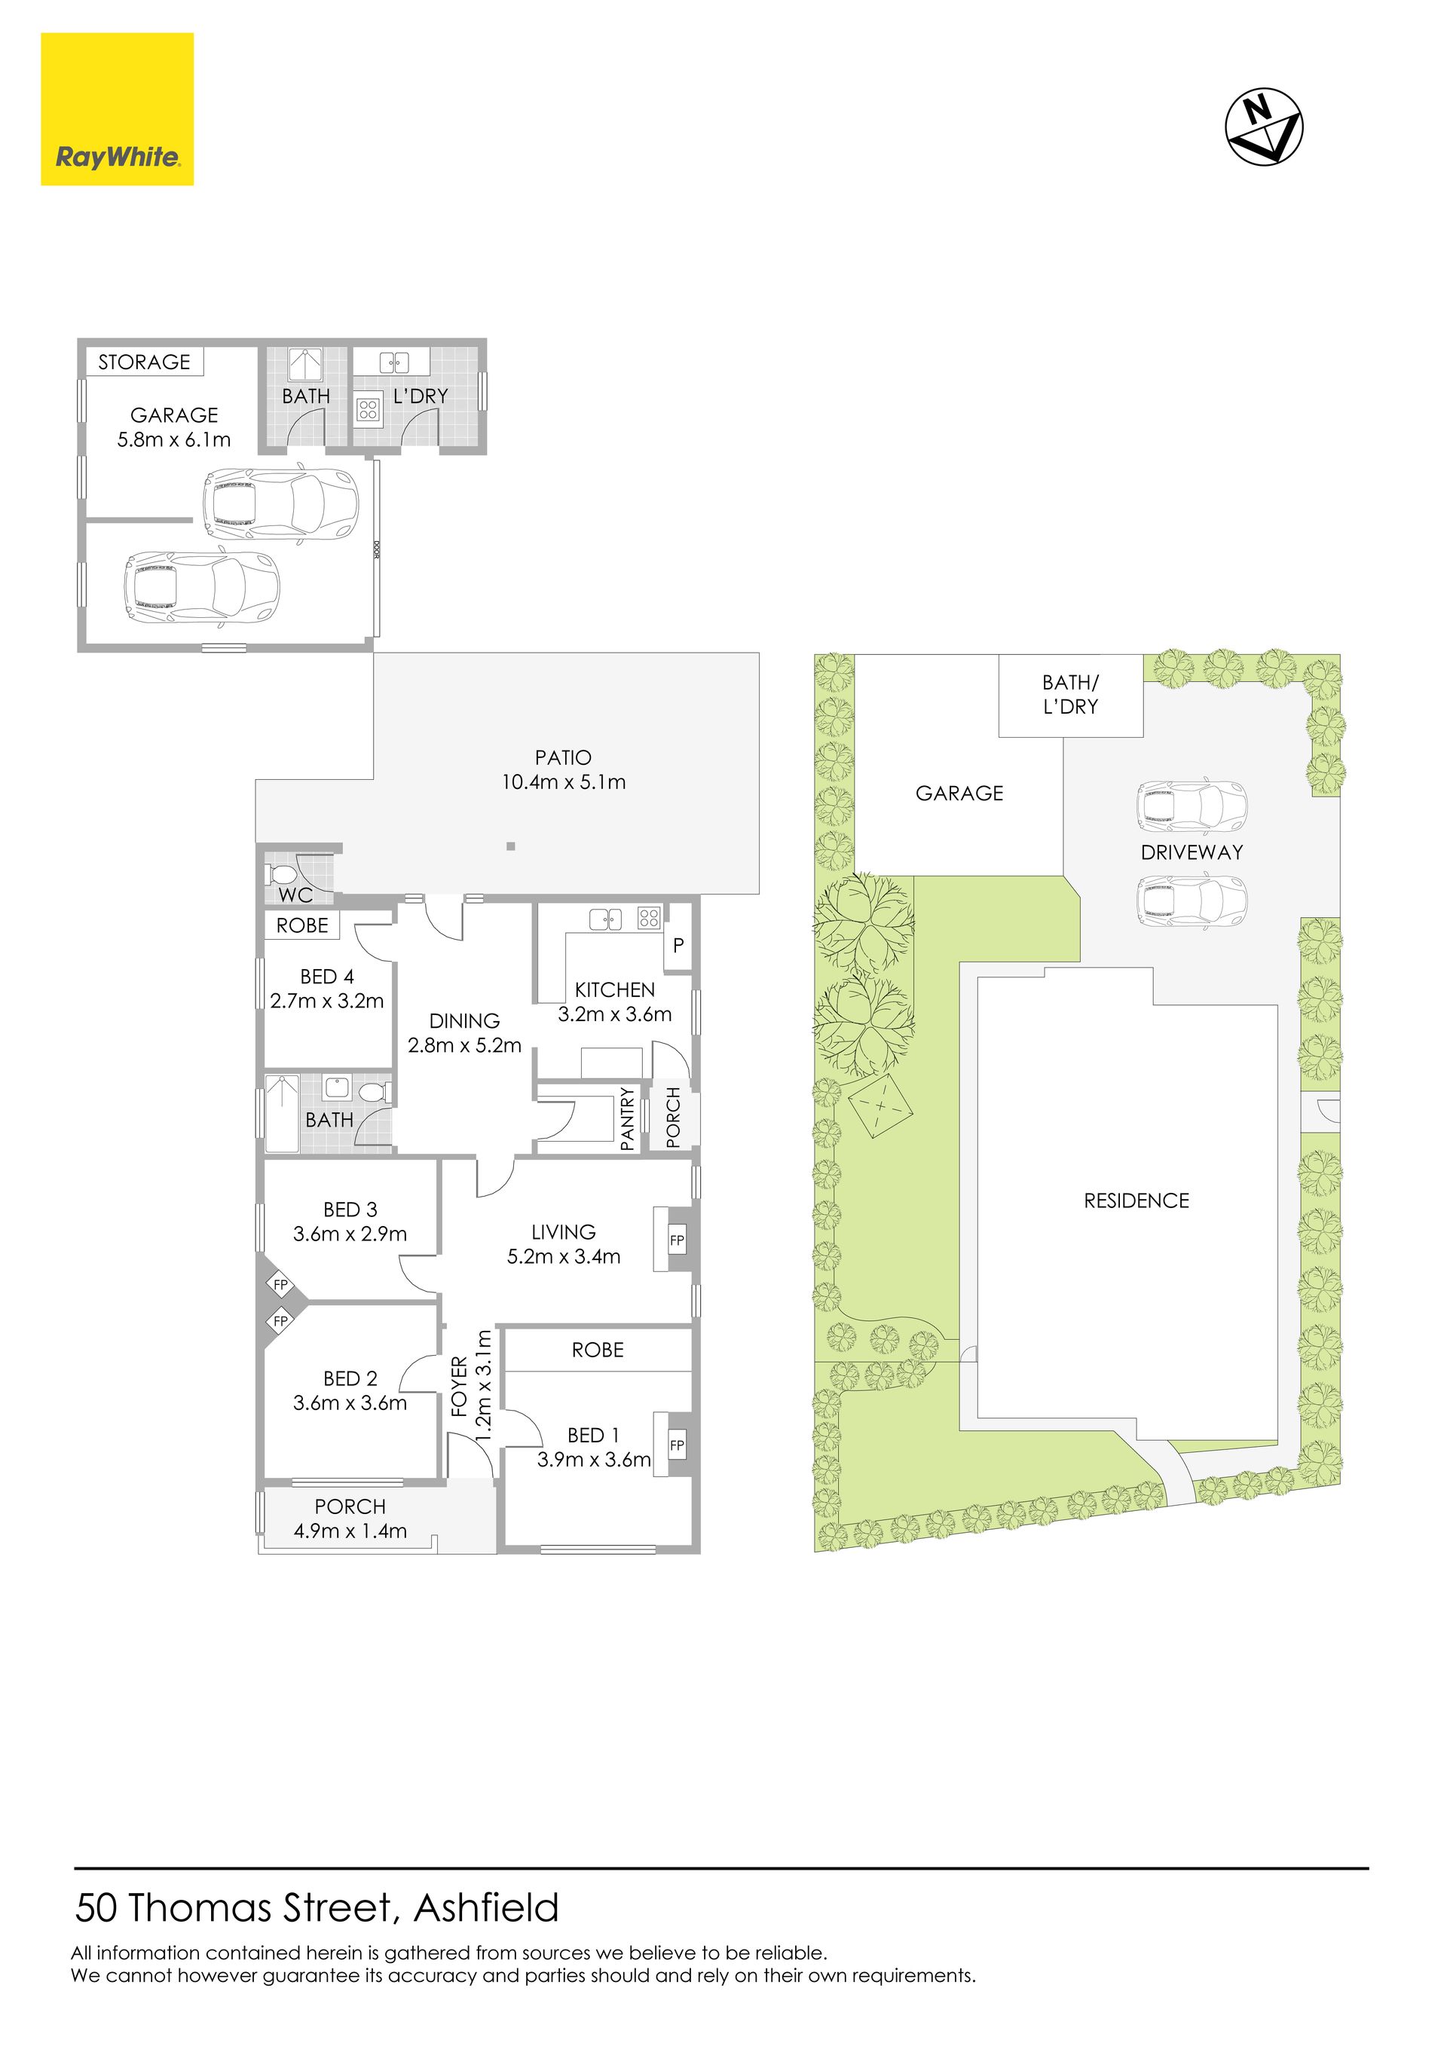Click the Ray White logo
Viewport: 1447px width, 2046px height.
(117, 109)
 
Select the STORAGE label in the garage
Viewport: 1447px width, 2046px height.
(145, 362)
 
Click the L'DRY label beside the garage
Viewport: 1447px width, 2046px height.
(421, 396)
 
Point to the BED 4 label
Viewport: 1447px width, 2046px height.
(327, 977)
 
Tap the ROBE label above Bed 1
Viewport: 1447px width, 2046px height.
(598, 1350)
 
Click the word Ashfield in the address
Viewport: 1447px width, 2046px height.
(487, 1908)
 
